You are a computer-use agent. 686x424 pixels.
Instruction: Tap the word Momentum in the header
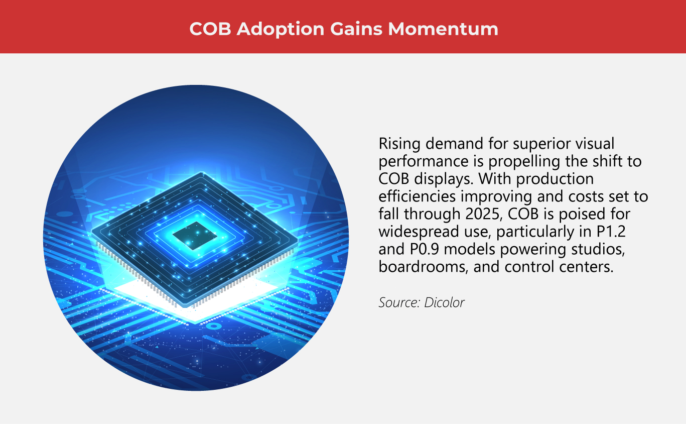tap(443, 29)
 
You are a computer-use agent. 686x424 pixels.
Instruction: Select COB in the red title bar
tap(210, 29)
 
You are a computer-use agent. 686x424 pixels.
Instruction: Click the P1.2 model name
tap(614, 232)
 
